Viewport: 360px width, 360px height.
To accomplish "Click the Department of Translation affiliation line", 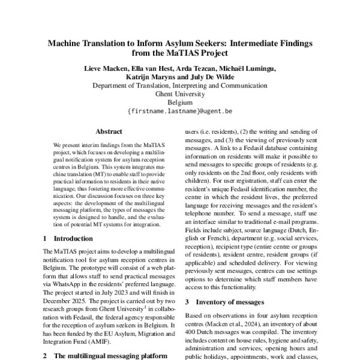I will [180, 85].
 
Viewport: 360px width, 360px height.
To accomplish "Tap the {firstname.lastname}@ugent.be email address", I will [180, 111].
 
